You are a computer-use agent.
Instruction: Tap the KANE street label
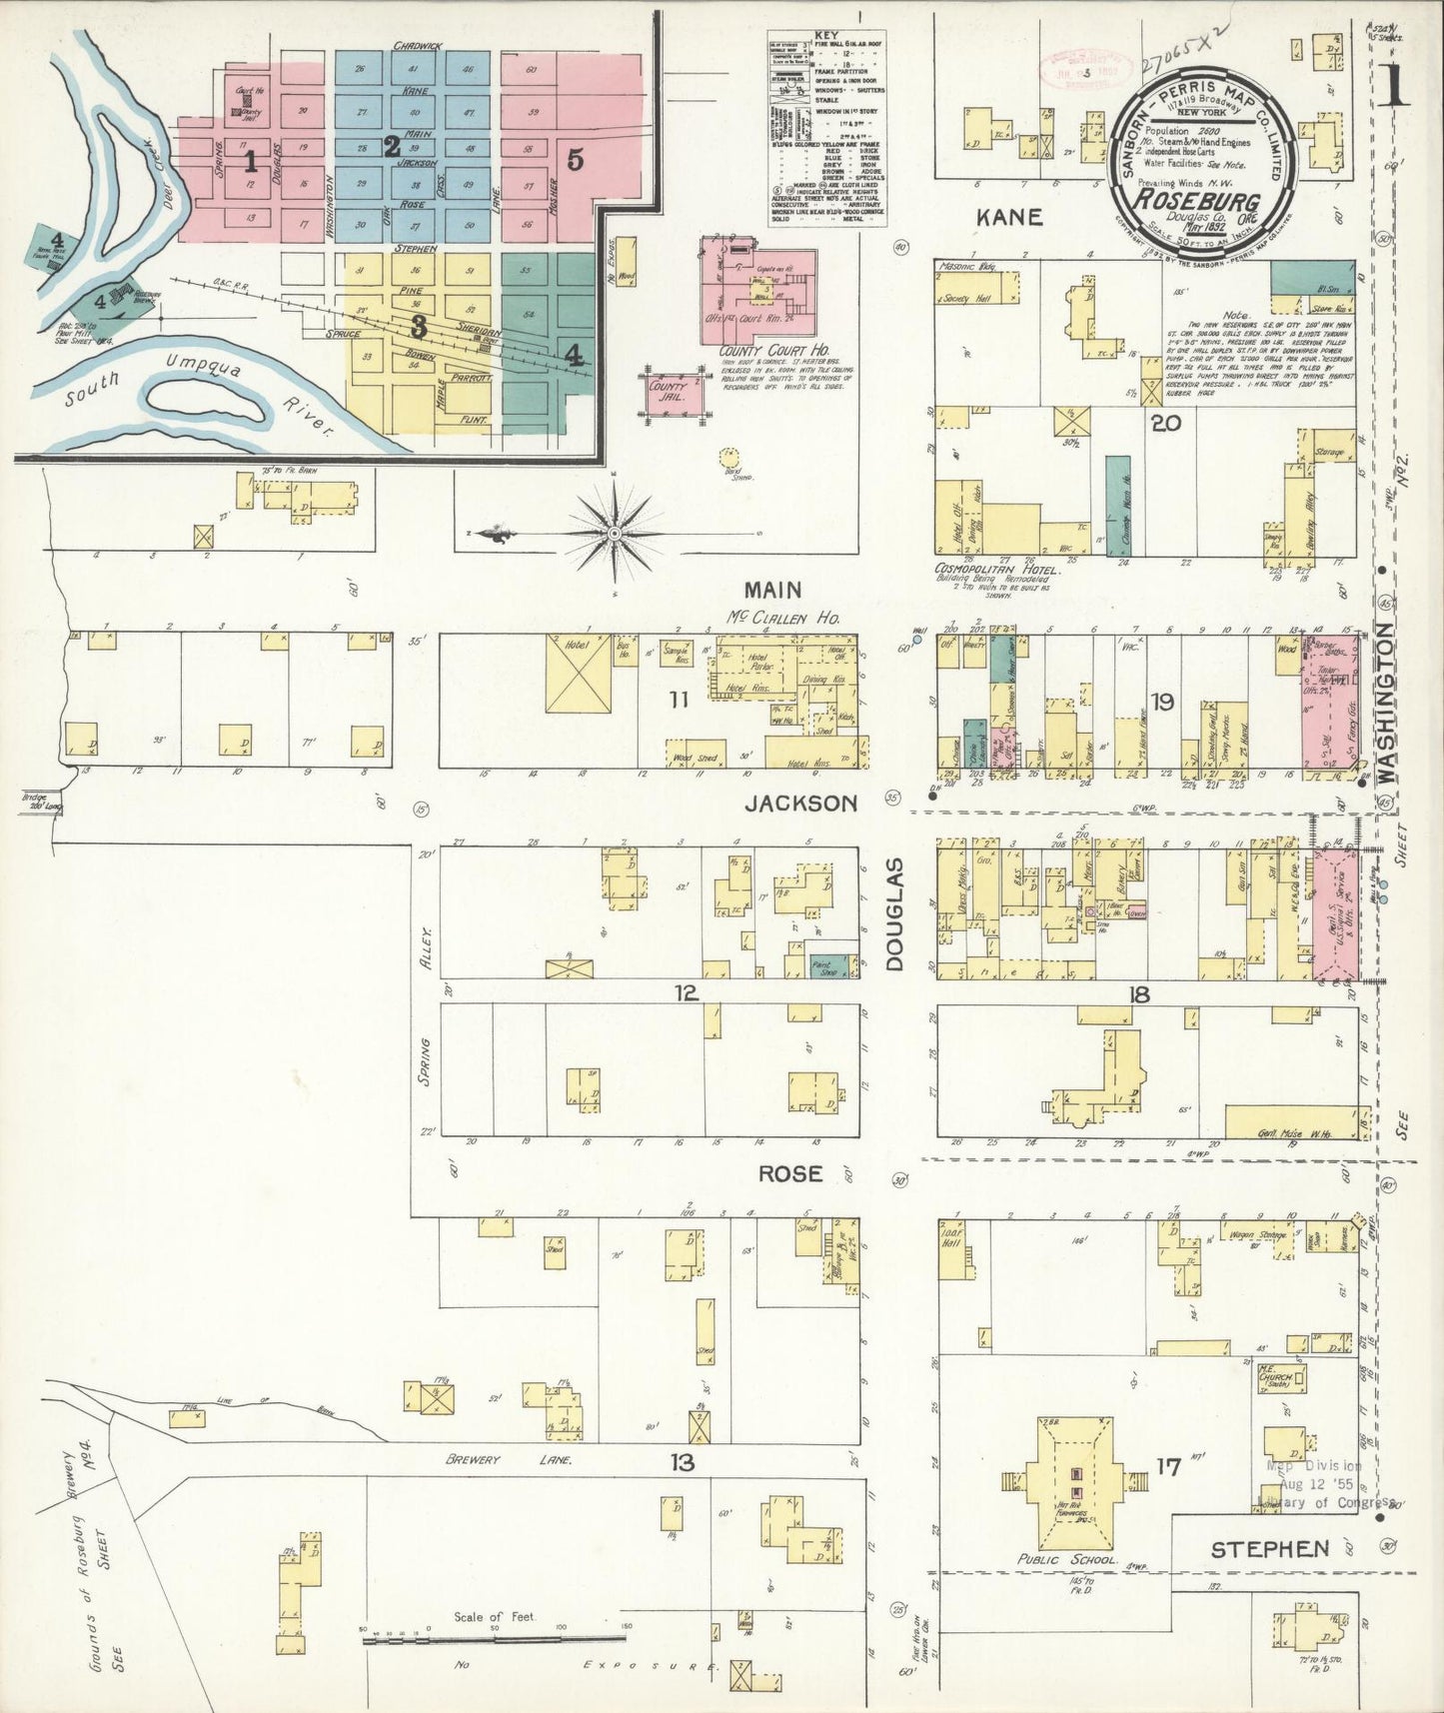(1009, 217)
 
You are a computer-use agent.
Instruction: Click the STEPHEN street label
(1270, 1549)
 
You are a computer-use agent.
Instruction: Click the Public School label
(1066, 1559)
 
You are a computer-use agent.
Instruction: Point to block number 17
(1168, 1467)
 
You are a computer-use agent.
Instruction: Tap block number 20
(1165, 423)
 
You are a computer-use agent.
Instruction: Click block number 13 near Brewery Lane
(683, 1463)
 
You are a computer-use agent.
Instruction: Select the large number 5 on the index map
(575, 160)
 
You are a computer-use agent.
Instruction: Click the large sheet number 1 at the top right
(1393, 85)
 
